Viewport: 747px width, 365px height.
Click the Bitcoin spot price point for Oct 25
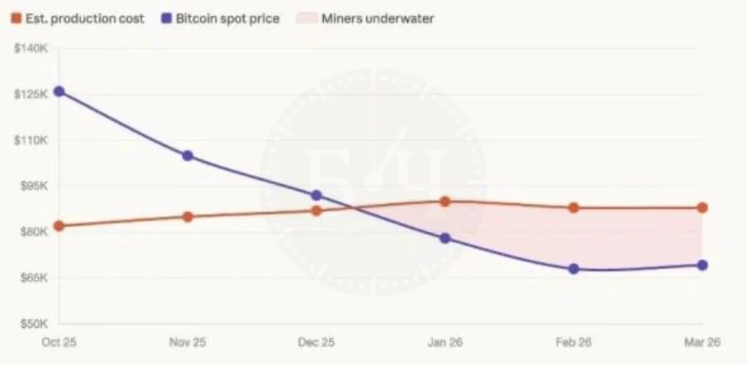(x=59, y=92)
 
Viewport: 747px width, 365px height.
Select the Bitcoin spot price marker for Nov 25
(x=187, y=156)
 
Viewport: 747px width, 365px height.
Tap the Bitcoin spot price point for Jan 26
(x=445, y=238)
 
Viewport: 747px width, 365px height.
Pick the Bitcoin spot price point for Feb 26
(x=574, y=269)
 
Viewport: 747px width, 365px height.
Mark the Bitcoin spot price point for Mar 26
(x=703, y=265)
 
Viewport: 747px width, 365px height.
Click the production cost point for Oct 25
(x=59, y=226)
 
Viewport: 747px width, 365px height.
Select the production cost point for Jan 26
(x=445, y=202)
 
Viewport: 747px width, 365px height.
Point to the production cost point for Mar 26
(x=703, y=208)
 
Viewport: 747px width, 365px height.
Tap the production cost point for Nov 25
(x=187, y=216)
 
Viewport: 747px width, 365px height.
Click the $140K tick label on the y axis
(x=31, y=49)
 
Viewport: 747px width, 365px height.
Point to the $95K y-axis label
(x=32, y=186)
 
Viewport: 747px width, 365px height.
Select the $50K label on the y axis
(x=32, y=323)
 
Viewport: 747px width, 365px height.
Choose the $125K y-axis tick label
(x=31, y=95)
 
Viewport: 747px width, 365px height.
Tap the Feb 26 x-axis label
(x=574, y=341)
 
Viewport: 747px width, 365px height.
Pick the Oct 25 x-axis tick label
(x=59, y=341)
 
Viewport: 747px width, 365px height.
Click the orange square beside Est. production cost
(x=16, y=19)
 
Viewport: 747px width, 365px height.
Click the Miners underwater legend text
(x=377, y=19)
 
